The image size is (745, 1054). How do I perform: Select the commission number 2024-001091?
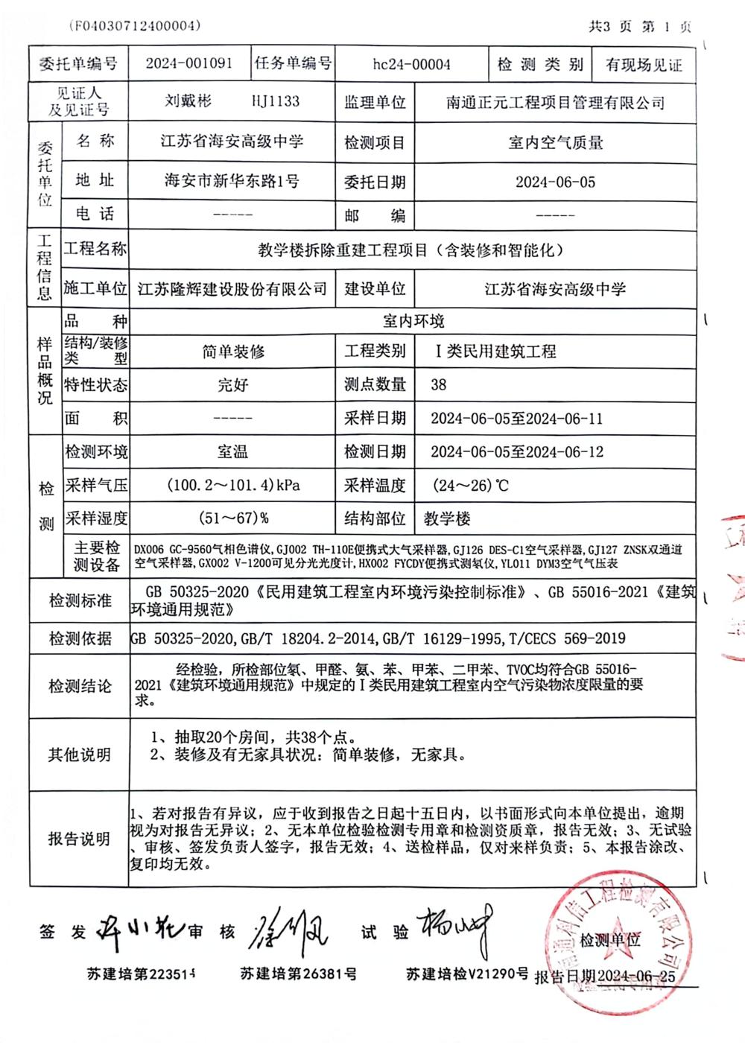[x=188, y=63]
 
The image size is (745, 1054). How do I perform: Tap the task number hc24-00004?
[x=411, y=64]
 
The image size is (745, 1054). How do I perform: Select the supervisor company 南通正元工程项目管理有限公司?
[x=555, y=103]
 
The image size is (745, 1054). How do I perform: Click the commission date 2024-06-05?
[x=555, y=182]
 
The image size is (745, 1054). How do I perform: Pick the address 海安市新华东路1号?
[x=232, y=181]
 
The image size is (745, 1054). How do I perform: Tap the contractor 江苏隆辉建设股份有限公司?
[x=232, y=289]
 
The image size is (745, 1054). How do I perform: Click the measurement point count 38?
[x=439, y=384]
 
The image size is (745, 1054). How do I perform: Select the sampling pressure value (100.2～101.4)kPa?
[x=234, y=486]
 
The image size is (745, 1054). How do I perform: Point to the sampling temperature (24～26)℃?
[x=471, y=486]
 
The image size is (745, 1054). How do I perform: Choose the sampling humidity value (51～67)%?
[x=234, y=518]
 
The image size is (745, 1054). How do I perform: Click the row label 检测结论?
[x=80, y=686]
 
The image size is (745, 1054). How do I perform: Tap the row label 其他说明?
[x=80, y=755]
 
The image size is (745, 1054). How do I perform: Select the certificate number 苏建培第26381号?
[x=298, y=974]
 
